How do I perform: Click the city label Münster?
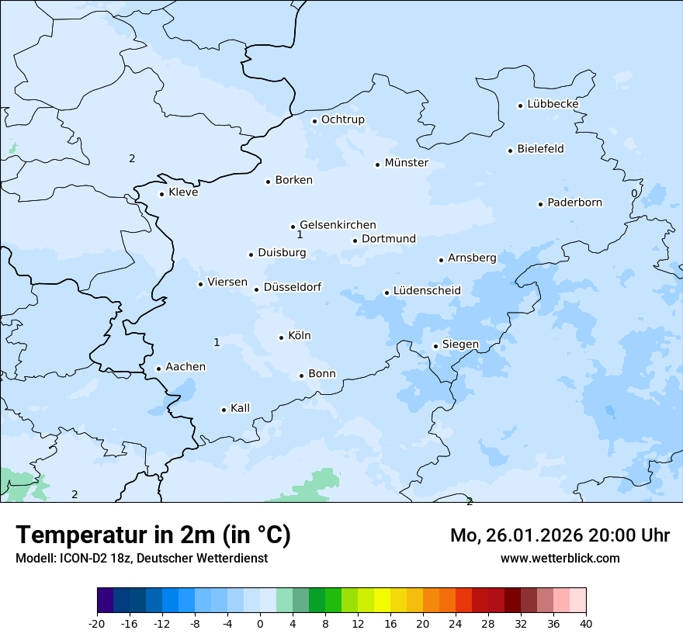coord(406,163)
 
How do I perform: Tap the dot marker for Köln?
coord(281,338)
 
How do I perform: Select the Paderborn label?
coord(574,203)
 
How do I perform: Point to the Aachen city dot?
coord(158,369)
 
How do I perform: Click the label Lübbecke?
coord(553,104)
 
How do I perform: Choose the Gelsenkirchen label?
coord(338,225)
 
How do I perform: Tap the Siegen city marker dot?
coord(435,347)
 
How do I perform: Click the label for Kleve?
coord(183,192)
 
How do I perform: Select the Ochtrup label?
coord(342,119)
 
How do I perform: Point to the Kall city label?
coord(240,408)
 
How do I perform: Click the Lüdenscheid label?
coord(427,291)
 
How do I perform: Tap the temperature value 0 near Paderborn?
coord(634,193)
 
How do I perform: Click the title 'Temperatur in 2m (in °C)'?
coord(153,535)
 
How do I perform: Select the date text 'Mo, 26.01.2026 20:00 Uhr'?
coord(560,535)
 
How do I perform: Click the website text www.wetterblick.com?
coord(560,558)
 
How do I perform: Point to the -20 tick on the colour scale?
coord(97,623)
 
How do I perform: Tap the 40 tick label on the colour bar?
coord(586,623)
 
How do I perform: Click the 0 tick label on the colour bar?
coord(260,623)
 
